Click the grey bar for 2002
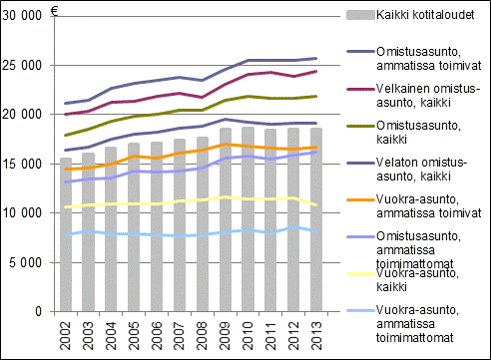(66, 234)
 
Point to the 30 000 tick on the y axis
(25, 16)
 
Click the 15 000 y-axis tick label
(25, 164)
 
